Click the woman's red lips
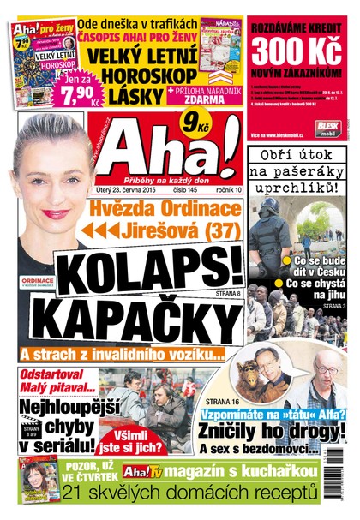tap(55, 213)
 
